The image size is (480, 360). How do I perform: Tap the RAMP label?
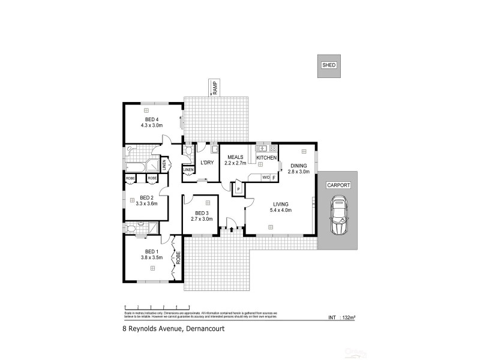(x=214, y=88)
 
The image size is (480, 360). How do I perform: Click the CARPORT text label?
(x=338, y=185)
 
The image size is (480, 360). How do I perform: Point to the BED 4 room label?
(x=151, y=119)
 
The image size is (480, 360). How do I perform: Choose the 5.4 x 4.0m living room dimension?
(x=280, y=211)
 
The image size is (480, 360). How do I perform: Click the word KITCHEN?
(x=266, y=157)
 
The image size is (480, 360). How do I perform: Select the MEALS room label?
(x=234, y=157)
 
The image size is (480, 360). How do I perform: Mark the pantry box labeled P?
(x=238, y=189)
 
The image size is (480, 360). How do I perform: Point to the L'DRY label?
(x=207, y=163)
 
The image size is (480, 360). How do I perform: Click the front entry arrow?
(x=231, y=229)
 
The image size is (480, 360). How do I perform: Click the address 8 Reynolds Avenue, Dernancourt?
(x=169, y=328)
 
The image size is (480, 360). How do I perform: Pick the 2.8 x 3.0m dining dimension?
(x=299, y=172)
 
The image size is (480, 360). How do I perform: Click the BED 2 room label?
(x=147, y=197)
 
